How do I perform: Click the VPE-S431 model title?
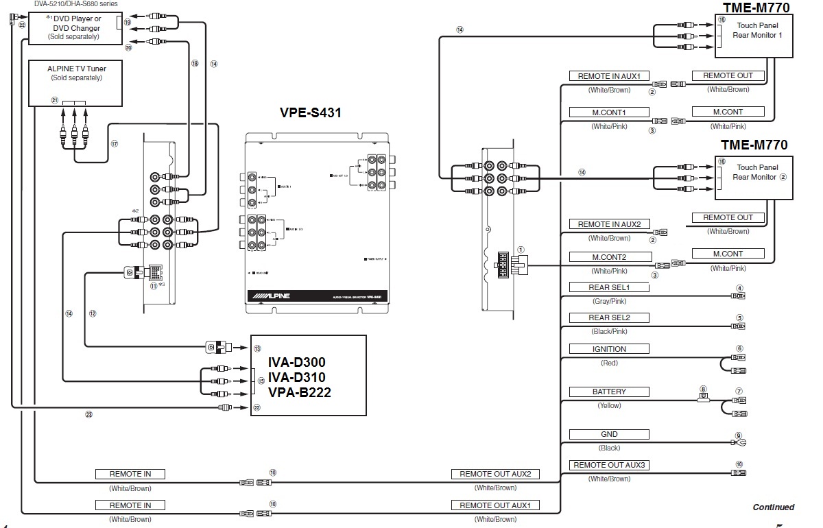(x=310, y=113)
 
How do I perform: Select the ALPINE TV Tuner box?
(x=76, y=83)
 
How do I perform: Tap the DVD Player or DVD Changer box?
(x=76, y=28)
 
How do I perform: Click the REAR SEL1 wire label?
(x=608, y=288)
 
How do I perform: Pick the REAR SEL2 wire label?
(x=608, y=318)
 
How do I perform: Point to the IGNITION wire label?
(x=609, y=349)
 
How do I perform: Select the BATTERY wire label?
(x=609, y=392)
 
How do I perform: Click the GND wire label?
(x=609, y=434)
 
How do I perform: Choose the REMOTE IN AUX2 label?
(x=609, y=224)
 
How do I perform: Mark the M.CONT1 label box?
(x=609, y=112)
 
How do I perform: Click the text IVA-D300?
(x=297, y=361)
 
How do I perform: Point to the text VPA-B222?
(x=297, y=393)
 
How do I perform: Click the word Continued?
(x=773, y=507)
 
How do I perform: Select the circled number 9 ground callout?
(x=739, y=435)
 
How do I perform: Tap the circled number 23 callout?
(x=88, y=414)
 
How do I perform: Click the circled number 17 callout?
(x=115, y=144)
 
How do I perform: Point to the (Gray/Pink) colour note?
(x=608, y=301)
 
